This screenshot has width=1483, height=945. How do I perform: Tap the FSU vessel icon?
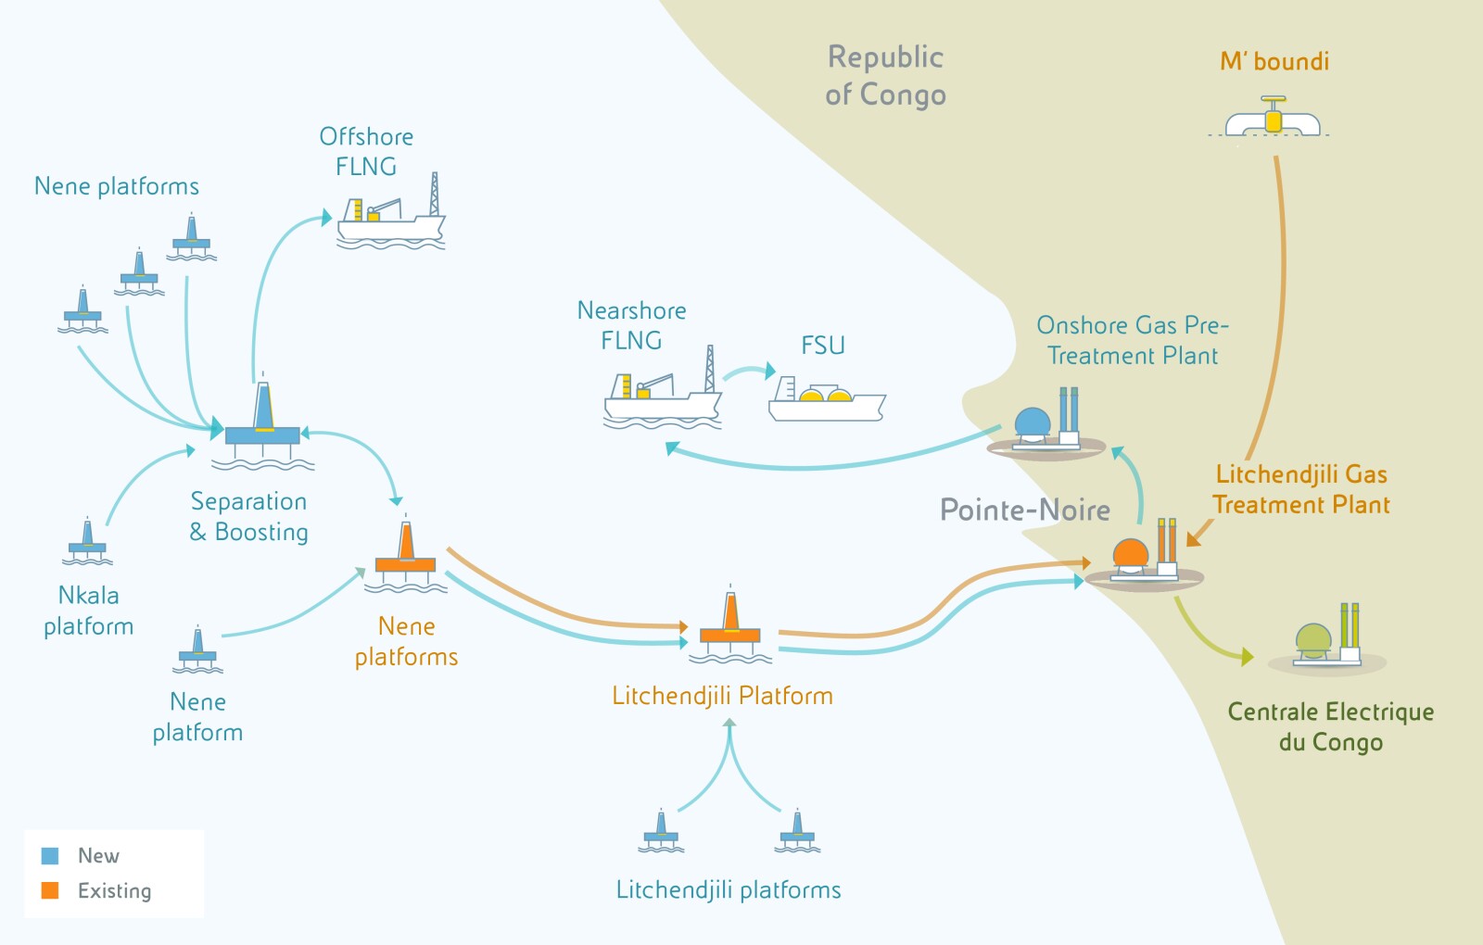coord(826,400)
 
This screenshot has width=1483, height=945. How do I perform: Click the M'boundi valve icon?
coord(1274,119)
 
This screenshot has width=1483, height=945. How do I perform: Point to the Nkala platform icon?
coord(87,543)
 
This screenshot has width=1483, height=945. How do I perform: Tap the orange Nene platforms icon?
coord(405,557)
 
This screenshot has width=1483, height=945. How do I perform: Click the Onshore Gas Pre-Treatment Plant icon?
coord(1046,426)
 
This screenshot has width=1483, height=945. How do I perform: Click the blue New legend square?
coord(50,855)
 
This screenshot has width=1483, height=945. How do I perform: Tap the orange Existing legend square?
coord(50,890)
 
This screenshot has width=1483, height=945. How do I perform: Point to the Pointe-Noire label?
coord(1024,510)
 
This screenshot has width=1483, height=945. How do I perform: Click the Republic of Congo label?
coord(885,76)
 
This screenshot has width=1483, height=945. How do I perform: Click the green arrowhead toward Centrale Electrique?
coord(1247,657)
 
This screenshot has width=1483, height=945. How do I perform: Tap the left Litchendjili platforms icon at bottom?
coord(661,831)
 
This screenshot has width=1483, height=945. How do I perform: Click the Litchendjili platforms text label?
coord(729,890)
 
